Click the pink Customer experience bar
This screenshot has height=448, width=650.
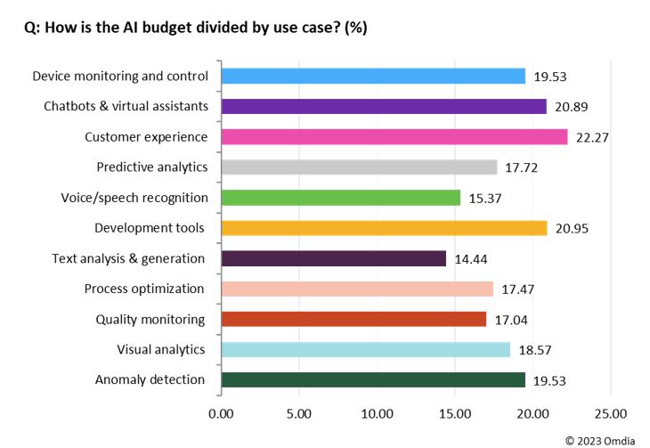[x=394, y=137]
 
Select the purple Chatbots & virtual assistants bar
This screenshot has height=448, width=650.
[x=383, y=107]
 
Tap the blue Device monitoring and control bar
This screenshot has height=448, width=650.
[x=372, y=77]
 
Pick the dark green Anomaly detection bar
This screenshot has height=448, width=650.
[x=372, y=380]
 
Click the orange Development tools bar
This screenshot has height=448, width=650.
[x=383, y=228]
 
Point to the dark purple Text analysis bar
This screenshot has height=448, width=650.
[x=333, y=258]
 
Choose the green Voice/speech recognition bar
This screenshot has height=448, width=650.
[x=340, y=198]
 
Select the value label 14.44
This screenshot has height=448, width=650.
[x=471, y=259]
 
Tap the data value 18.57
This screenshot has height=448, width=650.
[x=535, y=350]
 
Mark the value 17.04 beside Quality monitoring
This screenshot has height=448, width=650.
[x=511, y=320]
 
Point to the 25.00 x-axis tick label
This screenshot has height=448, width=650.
[x=610, y=413]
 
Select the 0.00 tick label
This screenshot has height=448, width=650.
[x=220, y=413]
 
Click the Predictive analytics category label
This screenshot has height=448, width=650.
[x=152, y=167]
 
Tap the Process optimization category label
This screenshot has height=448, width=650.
[x=144, y=289]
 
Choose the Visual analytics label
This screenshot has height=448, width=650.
[x=161, y=349]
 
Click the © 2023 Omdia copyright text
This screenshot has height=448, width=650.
[x=601, y=439]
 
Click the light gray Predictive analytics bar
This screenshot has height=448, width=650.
[x=358, y=167]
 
